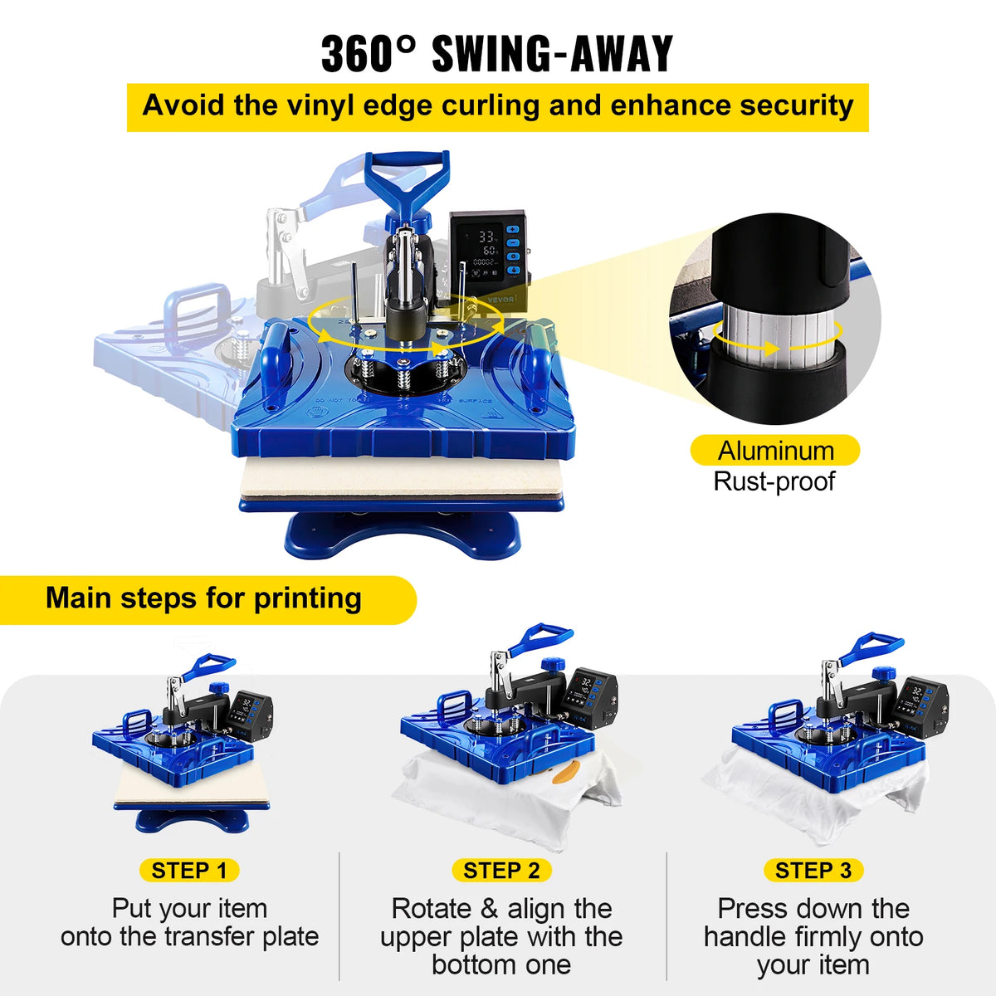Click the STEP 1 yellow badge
click(189, 870)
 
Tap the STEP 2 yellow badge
click(501, 870)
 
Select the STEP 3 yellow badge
click(813, 870)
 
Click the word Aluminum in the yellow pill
click(776, 451)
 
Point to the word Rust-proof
click(774, 481)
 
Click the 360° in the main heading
click(368, 54)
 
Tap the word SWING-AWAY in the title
click(553, 54)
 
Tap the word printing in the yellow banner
click(308, 599)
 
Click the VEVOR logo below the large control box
click(501, 299)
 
